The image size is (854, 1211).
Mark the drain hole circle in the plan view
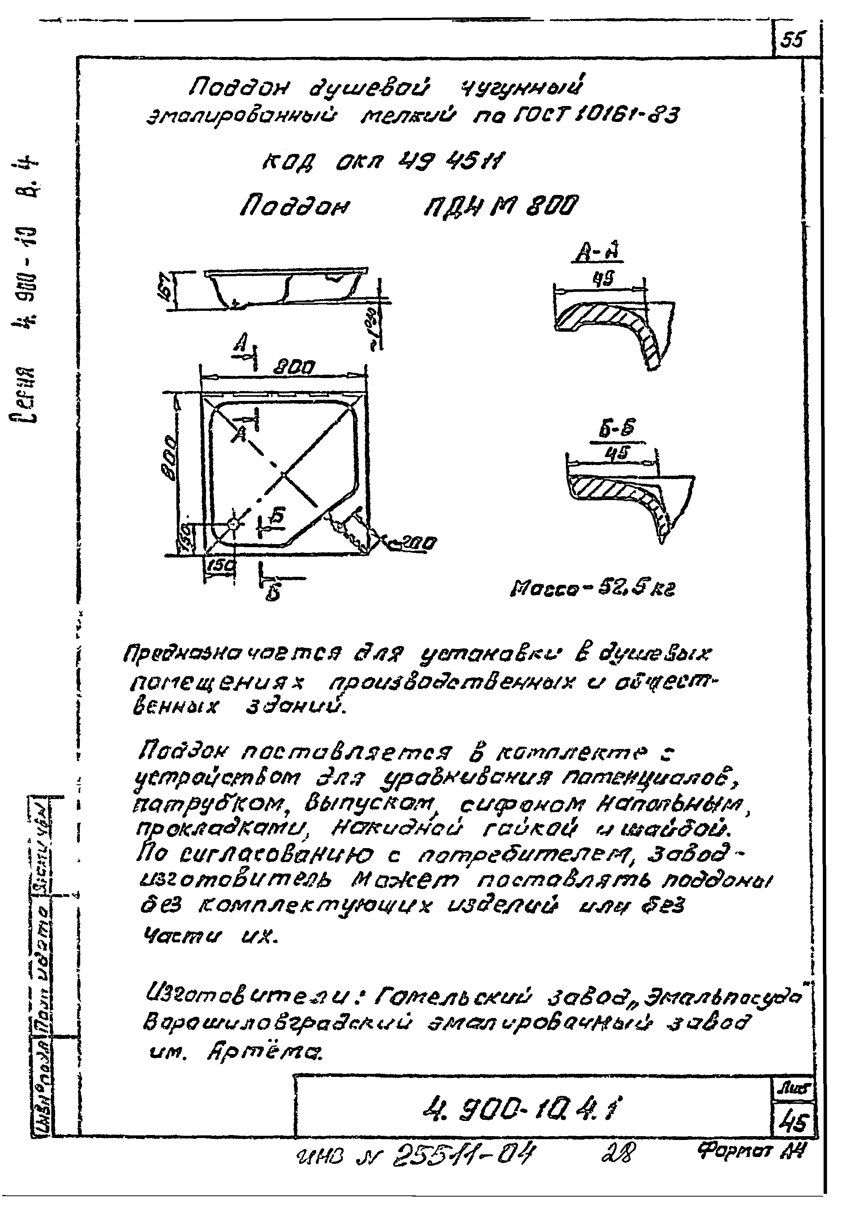(x=233, y=523)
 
